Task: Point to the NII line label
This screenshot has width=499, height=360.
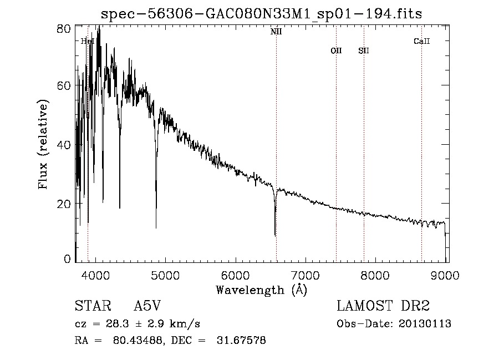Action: pos(276,32)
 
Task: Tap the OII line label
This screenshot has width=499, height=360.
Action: pos(336,50)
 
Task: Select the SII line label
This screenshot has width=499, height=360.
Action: pos(363,50)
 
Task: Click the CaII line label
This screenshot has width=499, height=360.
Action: pos(421,41)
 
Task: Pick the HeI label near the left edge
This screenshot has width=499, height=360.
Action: pos(88,41)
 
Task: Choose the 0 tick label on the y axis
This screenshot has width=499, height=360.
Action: pos(68,258)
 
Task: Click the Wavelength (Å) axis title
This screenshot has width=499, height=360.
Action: pos(261,289)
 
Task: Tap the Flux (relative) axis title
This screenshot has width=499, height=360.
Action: pos(43,144)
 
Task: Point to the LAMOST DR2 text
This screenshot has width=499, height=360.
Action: pos(383,306)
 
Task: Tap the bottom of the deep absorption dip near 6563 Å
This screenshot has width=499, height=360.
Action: pos(275,235)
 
